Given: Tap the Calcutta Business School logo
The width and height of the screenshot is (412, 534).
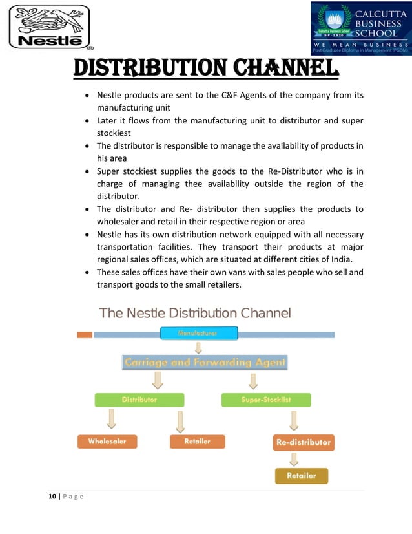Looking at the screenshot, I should (360, 28).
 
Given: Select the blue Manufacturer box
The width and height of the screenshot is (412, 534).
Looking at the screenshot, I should (199, 334).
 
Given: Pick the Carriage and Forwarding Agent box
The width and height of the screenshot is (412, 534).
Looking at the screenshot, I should (205, 363).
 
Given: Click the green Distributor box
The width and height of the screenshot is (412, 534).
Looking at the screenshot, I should (139, 400).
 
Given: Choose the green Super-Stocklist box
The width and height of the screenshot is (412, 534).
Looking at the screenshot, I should (266, 400).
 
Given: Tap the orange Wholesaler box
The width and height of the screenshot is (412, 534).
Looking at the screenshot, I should (107, 442).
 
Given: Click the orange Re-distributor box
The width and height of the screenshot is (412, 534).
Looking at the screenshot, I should (302, 443).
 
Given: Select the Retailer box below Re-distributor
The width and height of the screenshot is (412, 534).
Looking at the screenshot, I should (302, 476).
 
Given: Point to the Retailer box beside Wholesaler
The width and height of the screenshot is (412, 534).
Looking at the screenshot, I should (198, 442).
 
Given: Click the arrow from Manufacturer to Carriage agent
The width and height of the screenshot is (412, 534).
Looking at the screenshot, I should (199, 348).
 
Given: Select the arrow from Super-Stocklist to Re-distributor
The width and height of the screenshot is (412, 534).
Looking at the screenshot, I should (294, 421).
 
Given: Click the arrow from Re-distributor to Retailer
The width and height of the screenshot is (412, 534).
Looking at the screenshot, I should (294, 459).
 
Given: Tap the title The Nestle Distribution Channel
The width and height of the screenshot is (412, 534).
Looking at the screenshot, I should (195, 314).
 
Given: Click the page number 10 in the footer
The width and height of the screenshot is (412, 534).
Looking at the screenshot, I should (52, 497).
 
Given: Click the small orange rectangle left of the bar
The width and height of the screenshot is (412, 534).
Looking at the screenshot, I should (84, 335).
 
